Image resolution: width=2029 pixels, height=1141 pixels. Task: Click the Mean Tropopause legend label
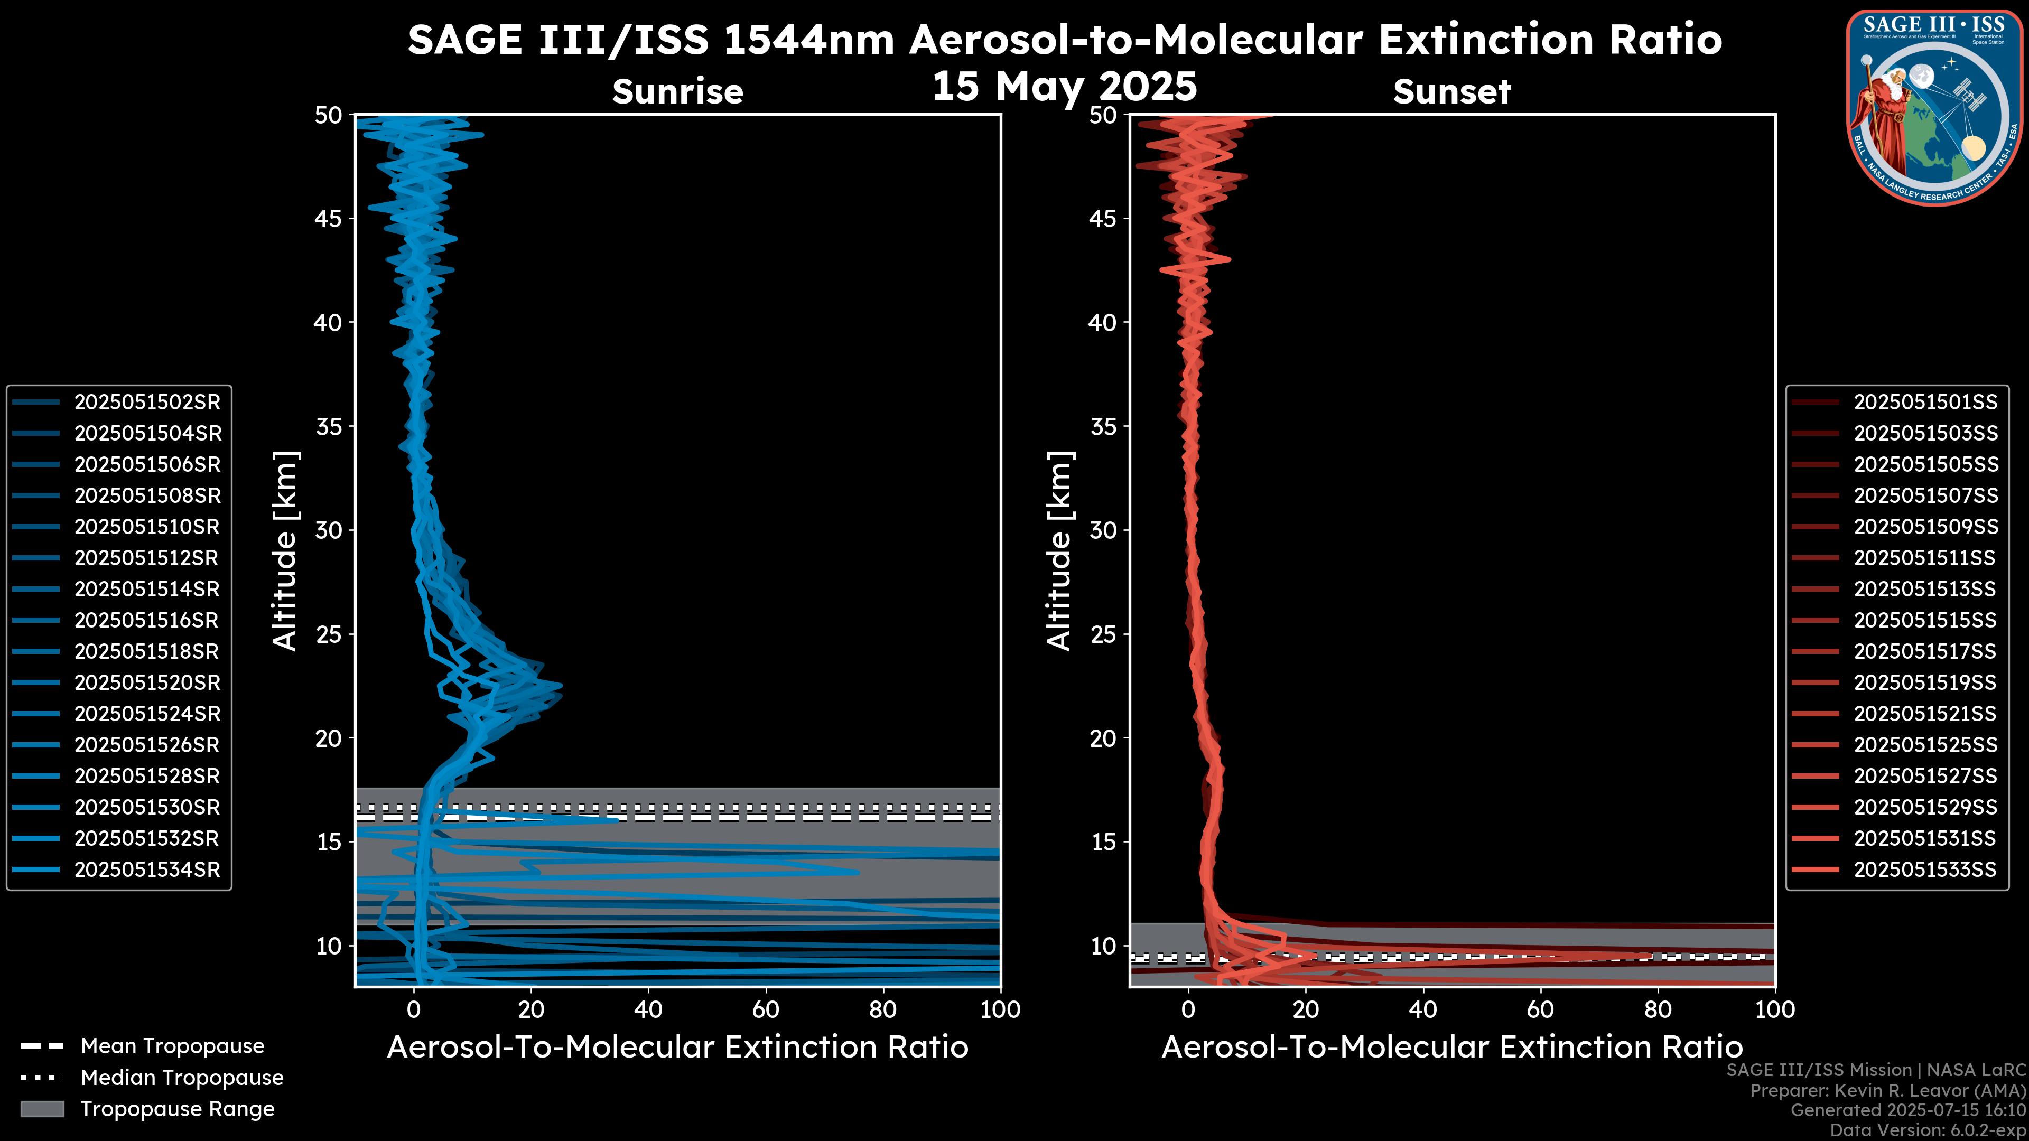point(172,1046)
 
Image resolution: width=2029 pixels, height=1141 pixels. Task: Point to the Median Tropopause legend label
point(182,1078)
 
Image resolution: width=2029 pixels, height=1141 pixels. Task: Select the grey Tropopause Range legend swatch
point(42,1109)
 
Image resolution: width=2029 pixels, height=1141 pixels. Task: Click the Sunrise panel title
point(677,91)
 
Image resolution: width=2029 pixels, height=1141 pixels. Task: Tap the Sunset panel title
point(1451,91)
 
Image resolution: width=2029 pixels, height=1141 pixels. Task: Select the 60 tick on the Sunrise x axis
point(766,1009)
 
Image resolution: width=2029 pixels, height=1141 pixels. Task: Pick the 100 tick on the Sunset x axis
point(1775,1009)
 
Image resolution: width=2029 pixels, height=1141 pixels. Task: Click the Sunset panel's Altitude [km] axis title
point(1059,551)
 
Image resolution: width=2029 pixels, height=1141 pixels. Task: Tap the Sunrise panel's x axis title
point(677,1048)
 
